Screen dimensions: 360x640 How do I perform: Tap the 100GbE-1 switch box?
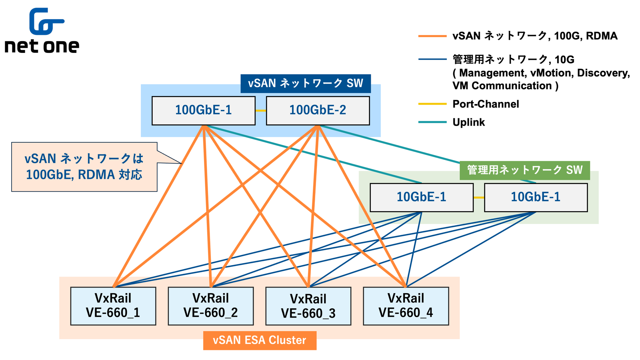pyautogui.click(x=203, y=110)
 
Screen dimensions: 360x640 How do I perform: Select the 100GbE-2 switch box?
pyautogui.click(x=318, y=110)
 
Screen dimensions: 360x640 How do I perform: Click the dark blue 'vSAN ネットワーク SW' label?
pyautogui.click(x=305, y=83)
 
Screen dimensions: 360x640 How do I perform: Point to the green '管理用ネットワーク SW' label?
pyautogui.click(x=524, y=170)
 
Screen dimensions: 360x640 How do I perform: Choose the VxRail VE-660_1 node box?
pyautogui.click(x=113, y=306)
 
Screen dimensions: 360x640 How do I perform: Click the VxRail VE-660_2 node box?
pyautogui.click(x=211, y=306)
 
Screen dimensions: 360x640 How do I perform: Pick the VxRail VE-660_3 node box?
pyautogui.click(x=308, y=306)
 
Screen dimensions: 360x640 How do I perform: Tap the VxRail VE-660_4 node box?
pyautogui.click(x=406, y=306)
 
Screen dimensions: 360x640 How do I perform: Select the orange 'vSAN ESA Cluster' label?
pyautogui.click(x=260, y=340)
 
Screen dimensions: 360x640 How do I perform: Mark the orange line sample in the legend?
pyautogui.click(x=432, y=36)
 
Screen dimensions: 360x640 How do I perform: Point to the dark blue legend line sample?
pyautogui.click(x=432, y=59)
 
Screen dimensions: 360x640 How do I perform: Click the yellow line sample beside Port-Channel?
pyautogui.click(x=432, y=104)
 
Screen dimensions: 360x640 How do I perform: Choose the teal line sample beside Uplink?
pyautogui.click(x=432, y=122)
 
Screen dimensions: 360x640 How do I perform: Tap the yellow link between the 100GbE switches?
pyautogui.click(x=261, y=110)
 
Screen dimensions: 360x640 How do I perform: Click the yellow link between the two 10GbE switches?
pyautogui.click(x=479, y=198)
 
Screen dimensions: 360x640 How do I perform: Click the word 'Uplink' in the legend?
pyautogui.click(x=468, y=122)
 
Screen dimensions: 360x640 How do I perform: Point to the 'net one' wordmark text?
pyautogui.click(x=42, y=46)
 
